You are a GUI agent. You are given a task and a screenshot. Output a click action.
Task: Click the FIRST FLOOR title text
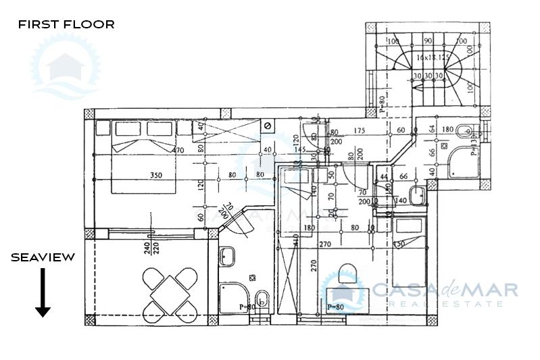click(x=66, y=24)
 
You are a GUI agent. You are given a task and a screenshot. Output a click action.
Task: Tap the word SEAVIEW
click(x=43, y=257)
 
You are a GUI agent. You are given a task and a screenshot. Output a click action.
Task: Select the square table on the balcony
click(x=170, y=293)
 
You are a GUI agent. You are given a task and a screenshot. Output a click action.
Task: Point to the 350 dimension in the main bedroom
click(x=157, y=176)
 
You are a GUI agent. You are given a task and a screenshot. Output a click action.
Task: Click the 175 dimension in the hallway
click(x=359, y=130)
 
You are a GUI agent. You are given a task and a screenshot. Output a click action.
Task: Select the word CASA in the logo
click(x=401, y=290)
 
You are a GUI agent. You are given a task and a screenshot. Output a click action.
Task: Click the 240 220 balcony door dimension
click(x=151, y=248)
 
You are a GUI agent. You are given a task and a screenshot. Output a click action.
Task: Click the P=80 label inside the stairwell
click(x=382, y=105)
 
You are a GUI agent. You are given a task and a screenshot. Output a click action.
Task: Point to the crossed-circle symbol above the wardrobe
click(x=268, y=126)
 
